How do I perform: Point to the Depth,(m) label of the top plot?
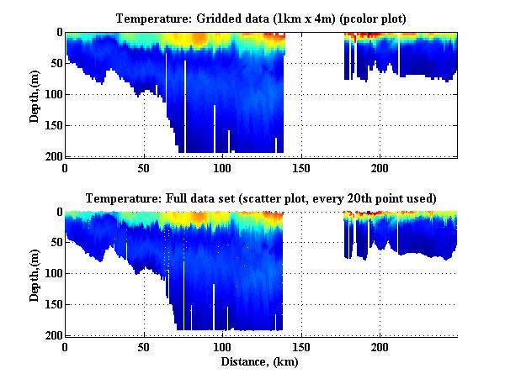pyautogui.click(x=35, y=95)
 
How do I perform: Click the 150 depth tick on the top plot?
pyautogui.click(x=51, y=125)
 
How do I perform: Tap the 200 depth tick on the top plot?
pyautogui.click(x=51, y=156)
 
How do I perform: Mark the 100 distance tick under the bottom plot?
pyautogui.click(x=223, y=346)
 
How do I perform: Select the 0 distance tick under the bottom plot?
pyautogui.click(x=66, y=346)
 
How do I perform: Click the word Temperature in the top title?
pyautogui.click(x=161, y=18)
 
